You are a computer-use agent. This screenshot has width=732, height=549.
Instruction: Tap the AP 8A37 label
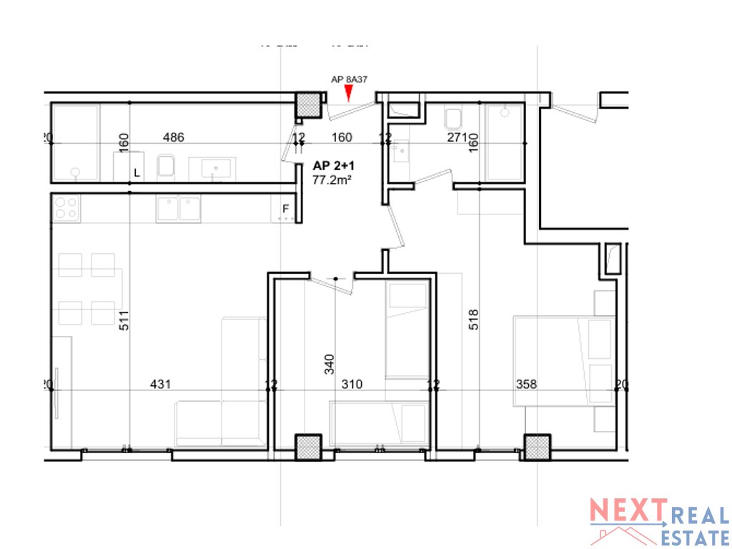[349, 80]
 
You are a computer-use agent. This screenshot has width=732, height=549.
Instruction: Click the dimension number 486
[174, 138]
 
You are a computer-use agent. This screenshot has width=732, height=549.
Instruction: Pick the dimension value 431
[160, 385]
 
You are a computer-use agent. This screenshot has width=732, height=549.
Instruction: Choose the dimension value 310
[352, 385]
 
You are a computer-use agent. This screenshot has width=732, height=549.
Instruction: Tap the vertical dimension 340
[329, 365]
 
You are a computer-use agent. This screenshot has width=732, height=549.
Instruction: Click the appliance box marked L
[129, 167]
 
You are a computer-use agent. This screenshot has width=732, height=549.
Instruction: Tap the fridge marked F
[286, 209]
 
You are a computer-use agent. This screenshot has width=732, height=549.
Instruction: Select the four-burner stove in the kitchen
[66, 208]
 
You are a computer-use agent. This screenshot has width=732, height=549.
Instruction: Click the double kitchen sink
[179, 208]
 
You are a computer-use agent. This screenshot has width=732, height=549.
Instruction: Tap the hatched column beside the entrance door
[309, 106]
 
